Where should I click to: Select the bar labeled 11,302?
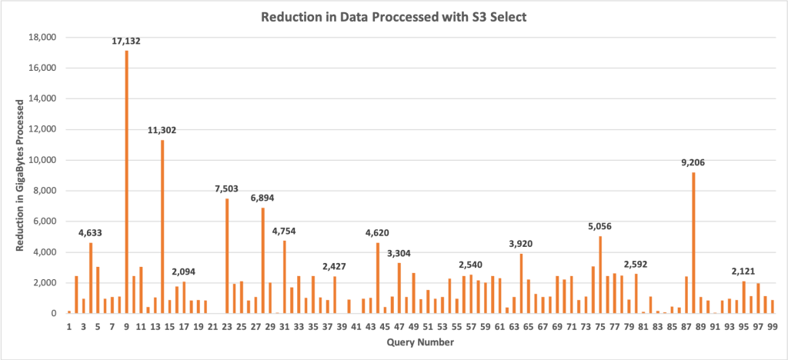coord(162,227)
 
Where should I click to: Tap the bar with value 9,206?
coord(693,242)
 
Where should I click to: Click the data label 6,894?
coord(262,198)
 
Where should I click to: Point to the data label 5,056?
coord(600,226)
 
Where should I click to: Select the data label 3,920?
coord(522,244)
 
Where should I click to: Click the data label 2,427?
coord(335,267)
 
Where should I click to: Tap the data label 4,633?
coord(90,233)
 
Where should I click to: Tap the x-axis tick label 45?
coord(385,327)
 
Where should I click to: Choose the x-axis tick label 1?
coord(68,327)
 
